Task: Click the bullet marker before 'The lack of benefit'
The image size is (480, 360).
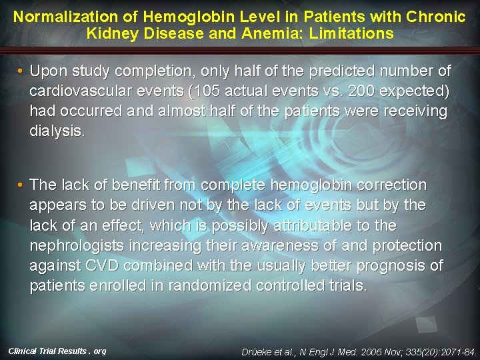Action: click(21, 185)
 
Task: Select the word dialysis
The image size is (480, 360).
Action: click(57, 131)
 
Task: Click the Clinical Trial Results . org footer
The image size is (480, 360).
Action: click(57, 351)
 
